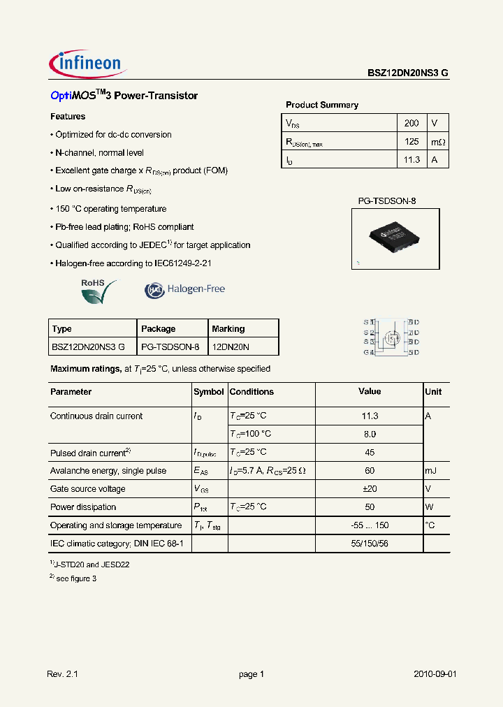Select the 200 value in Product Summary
[x=411, y=123]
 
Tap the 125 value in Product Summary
[x=411, y=141]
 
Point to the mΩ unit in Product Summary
[x=437, y=142]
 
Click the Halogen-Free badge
[x=185, y=289]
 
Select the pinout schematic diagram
[x=391, y=337]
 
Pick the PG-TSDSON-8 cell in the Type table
[x=170, y=347]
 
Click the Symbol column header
[x=208, y=392]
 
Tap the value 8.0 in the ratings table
[x=370, y=434]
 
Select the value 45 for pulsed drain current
[x=370, y=452]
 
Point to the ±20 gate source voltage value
[x=370, y=489]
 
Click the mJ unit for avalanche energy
[x=432, y=471]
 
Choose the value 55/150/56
[x=370, y=544]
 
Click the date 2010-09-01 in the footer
[x=435, y=674]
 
